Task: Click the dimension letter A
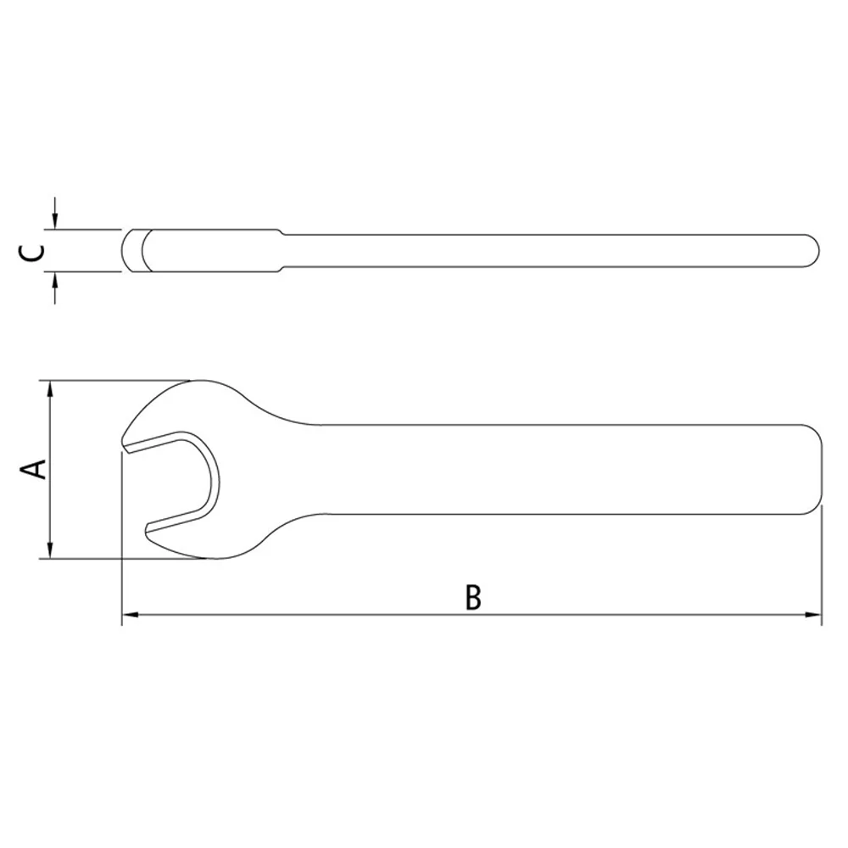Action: coord(35,469)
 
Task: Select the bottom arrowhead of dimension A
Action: coord(51,551)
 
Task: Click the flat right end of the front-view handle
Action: coord(821,469)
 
